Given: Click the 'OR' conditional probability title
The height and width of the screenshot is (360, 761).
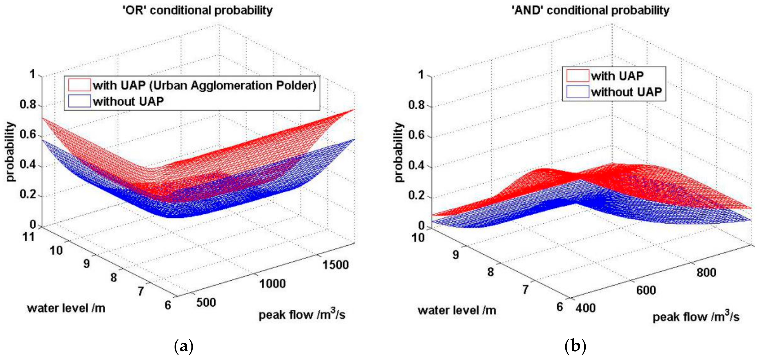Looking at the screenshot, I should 197,10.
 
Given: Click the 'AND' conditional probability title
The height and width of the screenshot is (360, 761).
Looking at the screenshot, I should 590,10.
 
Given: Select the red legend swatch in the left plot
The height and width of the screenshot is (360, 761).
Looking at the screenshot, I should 79,85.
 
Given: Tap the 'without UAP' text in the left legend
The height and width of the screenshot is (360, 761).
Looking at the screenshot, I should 128,101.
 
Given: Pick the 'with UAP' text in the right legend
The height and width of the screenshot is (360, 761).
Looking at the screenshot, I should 617,76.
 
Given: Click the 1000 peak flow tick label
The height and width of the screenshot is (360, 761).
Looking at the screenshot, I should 272,284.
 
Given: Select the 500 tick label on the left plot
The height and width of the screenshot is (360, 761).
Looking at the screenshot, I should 206,302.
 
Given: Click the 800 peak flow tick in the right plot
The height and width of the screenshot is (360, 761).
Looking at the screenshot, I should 706,272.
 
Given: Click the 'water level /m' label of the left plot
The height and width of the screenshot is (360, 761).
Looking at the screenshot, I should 66,308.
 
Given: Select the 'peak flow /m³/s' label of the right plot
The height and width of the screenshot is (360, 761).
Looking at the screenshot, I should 696,317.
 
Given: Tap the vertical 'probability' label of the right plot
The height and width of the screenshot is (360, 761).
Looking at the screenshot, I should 399,152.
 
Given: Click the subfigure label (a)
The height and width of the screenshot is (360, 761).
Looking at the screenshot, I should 184,346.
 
